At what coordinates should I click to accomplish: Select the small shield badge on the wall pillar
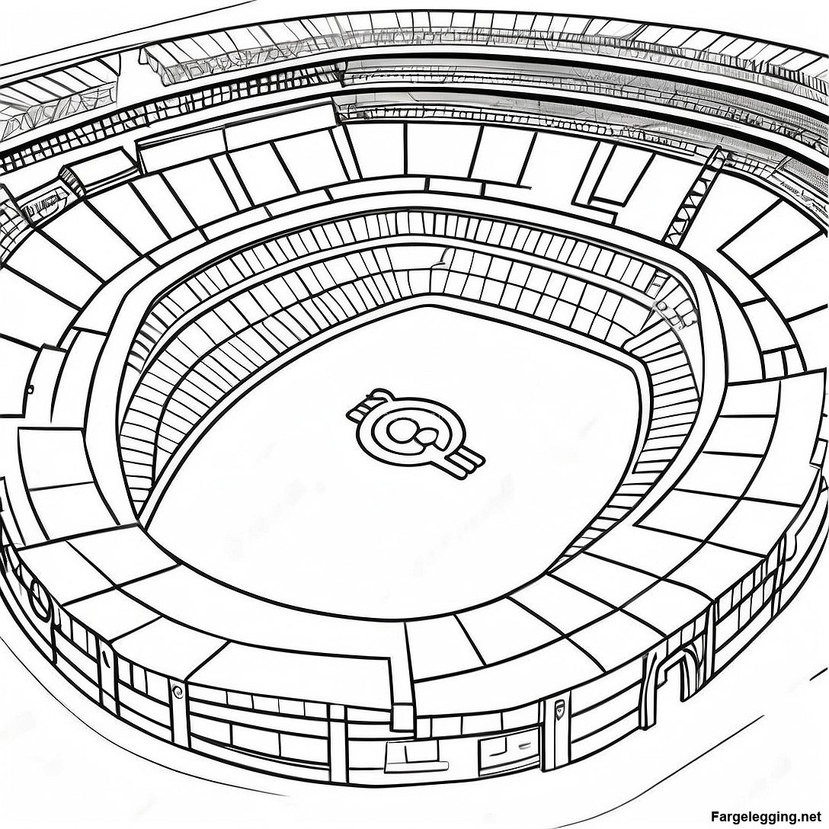(x=560, y=711)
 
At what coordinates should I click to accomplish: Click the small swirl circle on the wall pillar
(x=177, y=690)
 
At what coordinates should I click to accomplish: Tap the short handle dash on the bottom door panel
(x=524, y=747)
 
